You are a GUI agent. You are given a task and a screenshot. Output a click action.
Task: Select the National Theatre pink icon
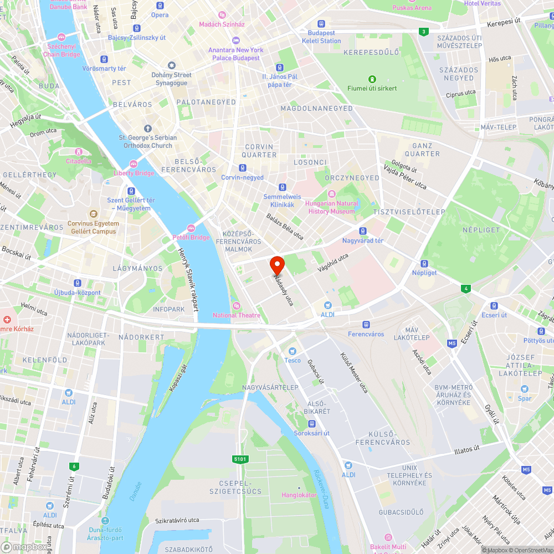[237, 305]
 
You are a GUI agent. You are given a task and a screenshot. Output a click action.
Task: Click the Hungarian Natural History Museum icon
[332, 193]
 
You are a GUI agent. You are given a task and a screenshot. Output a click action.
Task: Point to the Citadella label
[79, 161]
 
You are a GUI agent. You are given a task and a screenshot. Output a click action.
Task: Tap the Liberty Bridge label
[134, 173]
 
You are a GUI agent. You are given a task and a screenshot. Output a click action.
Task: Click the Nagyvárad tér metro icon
[363, 231]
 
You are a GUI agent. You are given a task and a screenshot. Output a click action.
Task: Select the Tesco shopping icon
[293, 351]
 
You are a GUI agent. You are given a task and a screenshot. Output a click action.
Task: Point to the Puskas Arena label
[412, 8]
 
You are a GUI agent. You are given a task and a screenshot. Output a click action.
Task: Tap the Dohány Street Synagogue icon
[172, 65]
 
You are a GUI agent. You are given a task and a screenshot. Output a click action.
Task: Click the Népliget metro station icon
[424, 263]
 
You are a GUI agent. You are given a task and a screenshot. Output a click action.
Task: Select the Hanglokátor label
[299, 495]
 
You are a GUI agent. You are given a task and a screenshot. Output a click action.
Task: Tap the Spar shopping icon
[525, 388]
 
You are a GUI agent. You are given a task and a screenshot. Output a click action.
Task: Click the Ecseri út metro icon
[494, 305]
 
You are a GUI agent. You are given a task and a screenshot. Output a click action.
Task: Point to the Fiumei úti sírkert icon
[371, 79]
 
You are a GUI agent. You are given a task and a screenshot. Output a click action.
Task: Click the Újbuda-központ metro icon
[77, 283]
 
